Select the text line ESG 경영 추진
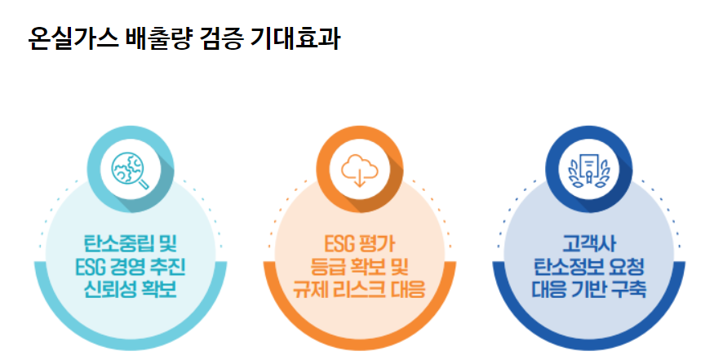(131, 266)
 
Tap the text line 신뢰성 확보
(131, 289)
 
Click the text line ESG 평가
(360, 243)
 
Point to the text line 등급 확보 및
(360, 266)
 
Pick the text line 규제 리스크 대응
(360, 289)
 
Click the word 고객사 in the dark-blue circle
(588, 243)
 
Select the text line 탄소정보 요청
(588, 266)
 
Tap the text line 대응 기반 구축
(588, 289)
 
